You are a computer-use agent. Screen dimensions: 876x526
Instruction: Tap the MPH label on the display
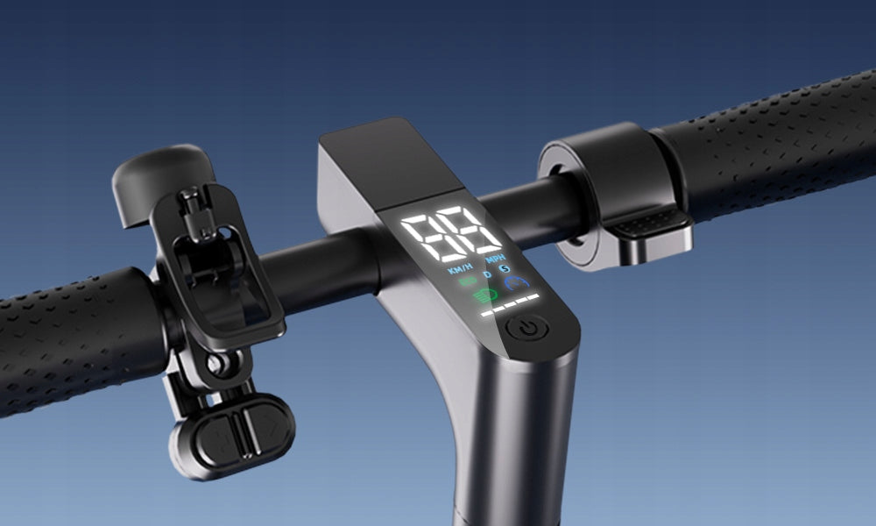click(x=495, y=259)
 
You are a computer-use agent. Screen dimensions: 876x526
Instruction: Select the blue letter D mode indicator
click(x=487, y=274)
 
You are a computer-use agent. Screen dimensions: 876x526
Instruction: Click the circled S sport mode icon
click(x=505, y=269)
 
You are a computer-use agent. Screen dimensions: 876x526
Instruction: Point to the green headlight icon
click(x=484, y=295)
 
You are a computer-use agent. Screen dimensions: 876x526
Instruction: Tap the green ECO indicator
click(x=467, y=281)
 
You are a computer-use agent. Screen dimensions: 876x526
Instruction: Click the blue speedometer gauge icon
click(x=517, y=283)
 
